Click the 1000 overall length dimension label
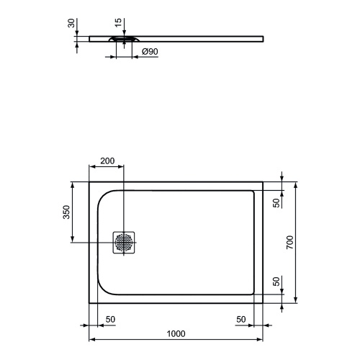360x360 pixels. click(176, 333)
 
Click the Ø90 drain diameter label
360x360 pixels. click(149, 53)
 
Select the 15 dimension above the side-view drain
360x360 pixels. click(127, 23)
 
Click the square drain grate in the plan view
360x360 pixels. click(124, 243)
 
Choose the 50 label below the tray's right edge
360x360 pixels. click(242, 319)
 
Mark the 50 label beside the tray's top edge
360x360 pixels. click(276, 202)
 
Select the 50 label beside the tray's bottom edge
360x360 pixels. click(276, 281)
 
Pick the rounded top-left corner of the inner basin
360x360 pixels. click(102, 195)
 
